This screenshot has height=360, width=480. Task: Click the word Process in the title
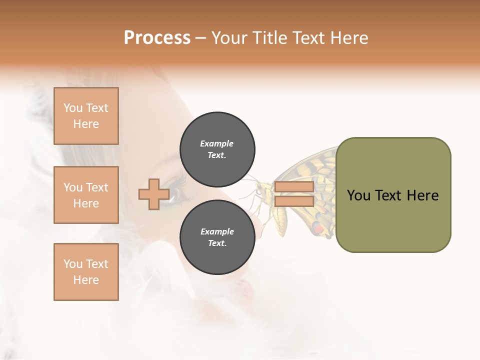point(157,38)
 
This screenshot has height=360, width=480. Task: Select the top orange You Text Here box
point(86,116)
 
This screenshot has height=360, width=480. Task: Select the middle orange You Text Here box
point(86,195)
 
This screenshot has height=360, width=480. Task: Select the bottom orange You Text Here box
point(86,272)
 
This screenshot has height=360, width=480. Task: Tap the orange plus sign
point(153,194)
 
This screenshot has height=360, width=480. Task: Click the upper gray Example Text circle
point(217,149)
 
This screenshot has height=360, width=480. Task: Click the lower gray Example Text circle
point(217,237)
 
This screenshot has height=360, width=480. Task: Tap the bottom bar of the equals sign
point(294,201)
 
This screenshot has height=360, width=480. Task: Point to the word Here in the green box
point(422,195)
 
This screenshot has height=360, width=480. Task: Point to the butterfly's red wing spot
point(317,229)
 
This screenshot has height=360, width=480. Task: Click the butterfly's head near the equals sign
point(260,189)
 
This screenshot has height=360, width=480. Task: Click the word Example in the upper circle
point(217,143)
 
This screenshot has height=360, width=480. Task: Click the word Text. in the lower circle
point(217,243)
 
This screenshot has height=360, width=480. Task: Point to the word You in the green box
point(358,195)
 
